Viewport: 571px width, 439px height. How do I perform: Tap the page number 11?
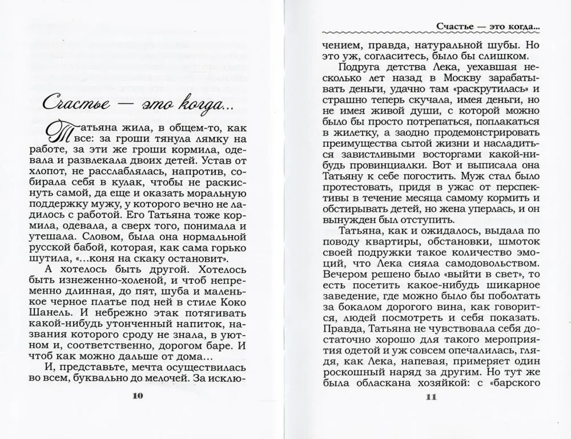point(431,397)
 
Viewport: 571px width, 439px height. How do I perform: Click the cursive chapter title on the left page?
point(136,104)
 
